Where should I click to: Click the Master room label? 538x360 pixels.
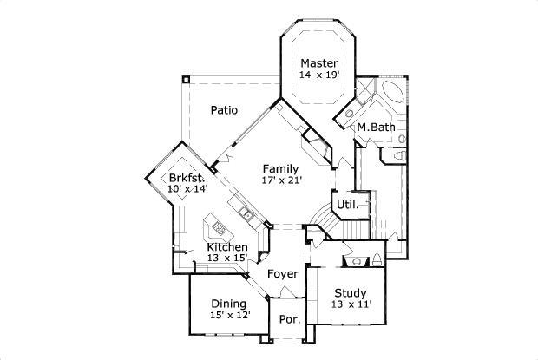pos(318,63)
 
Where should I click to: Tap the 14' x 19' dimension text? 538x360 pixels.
pos(318,75)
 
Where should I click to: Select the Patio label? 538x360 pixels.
pos(224,110)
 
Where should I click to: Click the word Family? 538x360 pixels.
pos(280,168)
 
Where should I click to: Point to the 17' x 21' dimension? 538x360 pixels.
pos(280,180)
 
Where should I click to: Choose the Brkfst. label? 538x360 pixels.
pos(187,179)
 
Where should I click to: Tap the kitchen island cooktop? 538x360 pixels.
pos(220,230)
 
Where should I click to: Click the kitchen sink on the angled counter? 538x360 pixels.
pos(246,213)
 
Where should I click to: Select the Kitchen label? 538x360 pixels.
pos(227,247)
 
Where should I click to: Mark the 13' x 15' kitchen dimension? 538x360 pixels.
pos(227,259)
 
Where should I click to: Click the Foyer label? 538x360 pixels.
pos(282,274)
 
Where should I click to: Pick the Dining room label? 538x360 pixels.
pos(228,304)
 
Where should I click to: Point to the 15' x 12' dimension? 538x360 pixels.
pos(228,316)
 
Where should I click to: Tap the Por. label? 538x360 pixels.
pos(289,319)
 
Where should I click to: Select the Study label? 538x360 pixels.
pos(350,293)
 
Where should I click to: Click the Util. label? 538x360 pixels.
pos(348,206)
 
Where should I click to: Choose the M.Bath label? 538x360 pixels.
pos(376,128)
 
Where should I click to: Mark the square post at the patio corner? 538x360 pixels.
pos(185,80)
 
